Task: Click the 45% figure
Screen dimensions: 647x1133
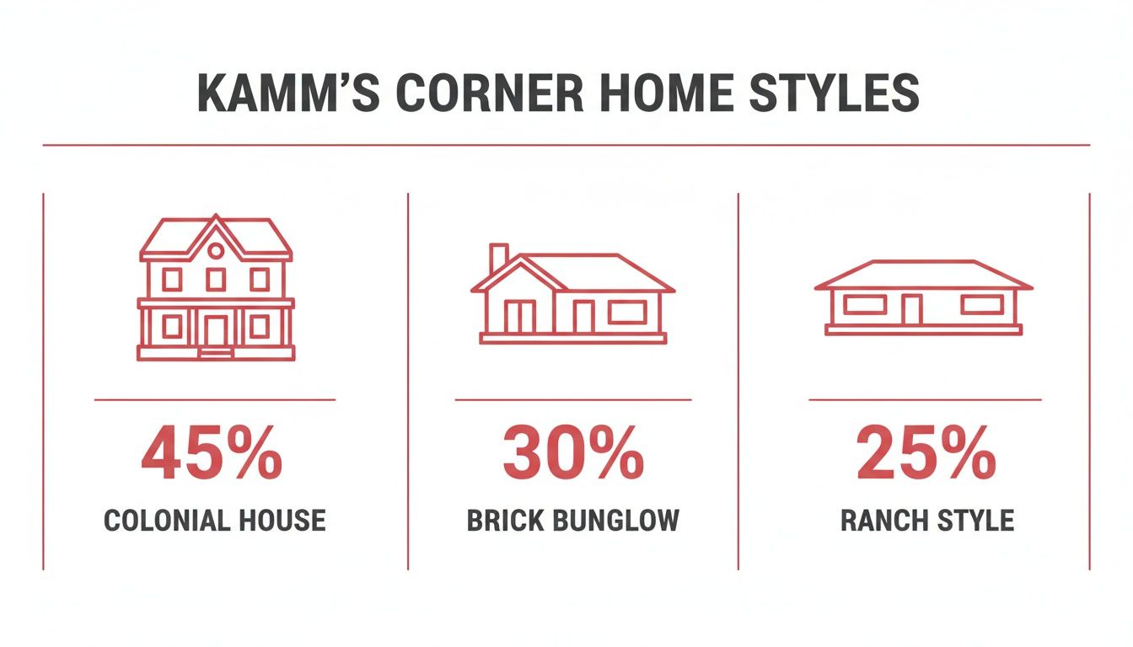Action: point(212,456)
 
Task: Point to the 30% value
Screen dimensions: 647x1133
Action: point(573,456)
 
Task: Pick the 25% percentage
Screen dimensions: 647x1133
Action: point(926,456)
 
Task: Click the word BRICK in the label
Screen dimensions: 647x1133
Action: point(506,520)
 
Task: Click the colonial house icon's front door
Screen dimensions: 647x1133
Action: point(216,329)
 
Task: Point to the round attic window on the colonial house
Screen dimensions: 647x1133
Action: point(216,250)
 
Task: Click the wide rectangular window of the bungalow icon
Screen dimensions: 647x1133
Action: point(627,312)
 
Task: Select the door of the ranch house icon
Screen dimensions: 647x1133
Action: point(910,309)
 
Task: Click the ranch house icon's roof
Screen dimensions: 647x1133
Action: point(923,275)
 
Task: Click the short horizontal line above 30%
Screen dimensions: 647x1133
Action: point(573,399)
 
